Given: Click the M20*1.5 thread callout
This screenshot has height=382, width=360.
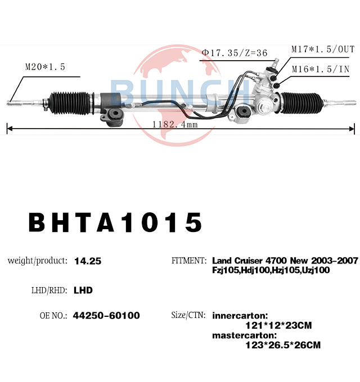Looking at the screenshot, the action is click(45, 67).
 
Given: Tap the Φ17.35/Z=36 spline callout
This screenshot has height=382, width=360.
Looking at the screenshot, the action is click(235, 53).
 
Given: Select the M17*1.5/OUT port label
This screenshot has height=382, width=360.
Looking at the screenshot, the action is click(323, 49).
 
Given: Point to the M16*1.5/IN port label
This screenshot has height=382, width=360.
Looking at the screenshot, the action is click(321, 69).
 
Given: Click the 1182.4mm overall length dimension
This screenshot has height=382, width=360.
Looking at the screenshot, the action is click(175, 125).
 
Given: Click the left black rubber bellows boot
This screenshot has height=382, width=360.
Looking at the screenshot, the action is click(70, 103).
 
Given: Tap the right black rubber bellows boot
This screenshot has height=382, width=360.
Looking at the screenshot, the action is click(301, 103).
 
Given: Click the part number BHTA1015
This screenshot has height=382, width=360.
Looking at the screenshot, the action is click(115, 222).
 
